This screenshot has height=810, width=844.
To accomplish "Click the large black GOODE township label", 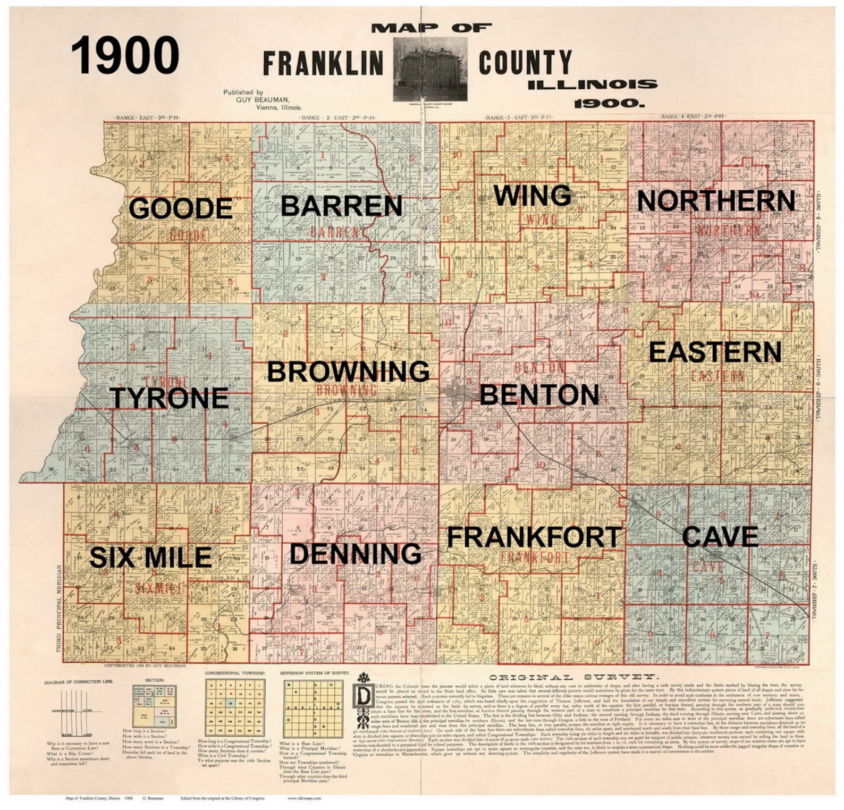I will [x=181, y=208].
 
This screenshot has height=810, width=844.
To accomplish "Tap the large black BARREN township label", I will [x=341, y=206].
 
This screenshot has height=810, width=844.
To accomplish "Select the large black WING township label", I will [x=533, y=196].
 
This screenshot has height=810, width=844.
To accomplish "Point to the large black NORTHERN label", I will [x=715, y=201].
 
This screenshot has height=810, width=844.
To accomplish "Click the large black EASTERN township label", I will [x=715, y=352].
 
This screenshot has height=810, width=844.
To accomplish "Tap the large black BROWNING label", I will [x=348, y=372].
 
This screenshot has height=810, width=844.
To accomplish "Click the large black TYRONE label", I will [x=169, y=398].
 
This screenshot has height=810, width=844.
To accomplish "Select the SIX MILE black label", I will [x=150, y=557].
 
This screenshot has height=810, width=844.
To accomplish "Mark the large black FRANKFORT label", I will [x=534, y=537].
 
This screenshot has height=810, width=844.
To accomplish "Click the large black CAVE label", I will [x=720, y=537].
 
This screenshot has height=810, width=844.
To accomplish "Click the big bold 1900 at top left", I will [x=125, y=56].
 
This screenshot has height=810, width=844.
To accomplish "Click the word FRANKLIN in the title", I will [x=323, y=63].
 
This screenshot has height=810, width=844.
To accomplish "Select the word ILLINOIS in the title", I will [x=592, y=85].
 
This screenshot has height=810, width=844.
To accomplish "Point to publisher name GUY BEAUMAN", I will [x=263, y=99].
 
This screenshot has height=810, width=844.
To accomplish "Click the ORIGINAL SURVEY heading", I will [x=571, y=677].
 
